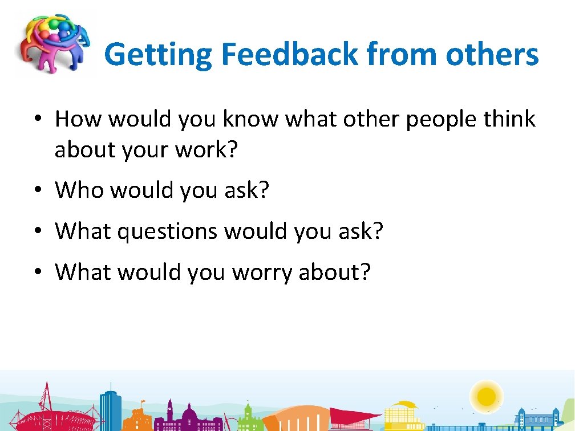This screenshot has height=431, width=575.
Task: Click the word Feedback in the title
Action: (x=290, y=55)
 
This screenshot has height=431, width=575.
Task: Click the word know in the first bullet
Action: (x=252, y=119)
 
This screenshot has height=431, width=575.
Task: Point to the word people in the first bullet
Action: (x=439, y=119)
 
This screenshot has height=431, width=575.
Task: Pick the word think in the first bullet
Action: (x=508, y=119)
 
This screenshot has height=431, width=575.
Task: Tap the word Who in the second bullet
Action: (x=79, y=190)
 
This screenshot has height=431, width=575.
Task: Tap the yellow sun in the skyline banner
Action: (x=487, y=395)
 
